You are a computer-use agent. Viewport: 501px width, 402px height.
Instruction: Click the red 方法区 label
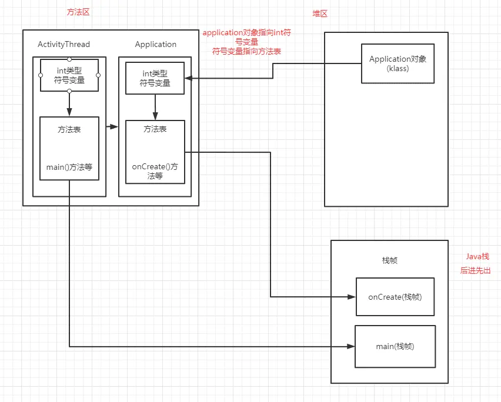78,12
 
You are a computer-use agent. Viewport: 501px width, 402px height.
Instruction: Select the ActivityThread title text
64,44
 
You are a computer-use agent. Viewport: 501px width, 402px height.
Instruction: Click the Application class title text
155,44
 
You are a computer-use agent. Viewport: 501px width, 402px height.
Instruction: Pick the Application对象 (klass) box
398,63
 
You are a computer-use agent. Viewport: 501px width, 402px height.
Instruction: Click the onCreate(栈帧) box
395,297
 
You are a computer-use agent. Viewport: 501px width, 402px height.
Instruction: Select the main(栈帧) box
395,346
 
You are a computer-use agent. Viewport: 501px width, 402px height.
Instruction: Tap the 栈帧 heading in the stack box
389,260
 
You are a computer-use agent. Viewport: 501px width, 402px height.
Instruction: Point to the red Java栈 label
477,256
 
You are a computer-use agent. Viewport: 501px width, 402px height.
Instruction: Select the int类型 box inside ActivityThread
69,75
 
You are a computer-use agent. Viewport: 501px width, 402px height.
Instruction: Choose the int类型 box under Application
155,78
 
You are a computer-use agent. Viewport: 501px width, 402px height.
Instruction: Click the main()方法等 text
69,167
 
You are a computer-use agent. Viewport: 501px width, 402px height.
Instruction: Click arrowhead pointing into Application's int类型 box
188,78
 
